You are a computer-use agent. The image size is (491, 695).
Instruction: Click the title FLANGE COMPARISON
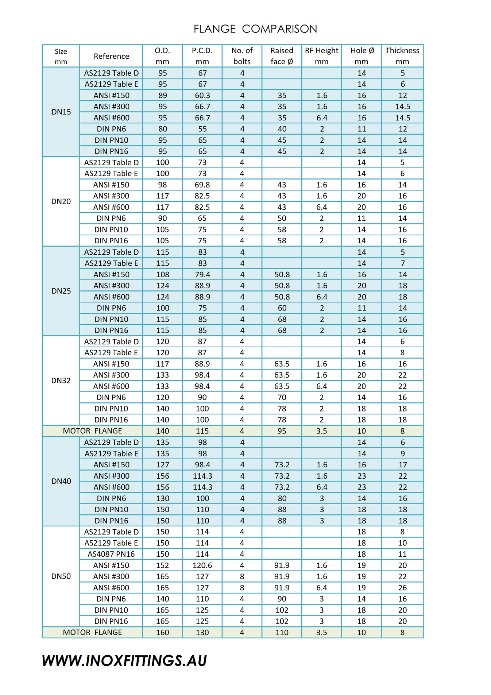[255, 29]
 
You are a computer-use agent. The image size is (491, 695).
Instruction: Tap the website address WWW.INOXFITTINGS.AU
[124, 661]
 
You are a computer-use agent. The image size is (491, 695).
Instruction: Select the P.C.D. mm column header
[202, 56]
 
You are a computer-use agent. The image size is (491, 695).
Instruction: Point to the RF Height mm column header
[321, 56]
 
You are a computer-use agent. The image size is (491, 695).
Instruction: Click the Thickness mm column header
[402, 56]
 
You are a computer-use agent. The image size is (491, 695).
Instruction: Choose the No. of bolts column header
[242, 56]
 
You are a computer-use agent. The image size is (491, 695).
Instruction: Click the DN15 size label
[61, 112]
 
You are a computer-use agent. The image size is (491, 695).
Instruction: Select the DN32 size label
[61, 381]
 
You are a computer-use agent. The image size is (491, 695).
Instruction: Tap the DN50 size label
[61, 576]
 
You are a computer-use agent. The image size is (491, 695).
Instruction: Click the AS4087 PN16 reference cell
[111, 554]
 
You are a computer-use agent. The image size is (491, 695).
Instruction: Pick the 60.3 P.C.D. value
[202, 96]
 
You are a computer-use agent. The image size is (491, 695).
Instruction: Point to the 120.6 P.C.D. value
[202, 565]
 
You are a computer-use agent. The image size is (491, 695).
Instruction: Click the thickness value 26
[402, 588]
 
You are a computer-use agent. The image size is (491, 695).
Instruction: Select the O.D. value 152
[163, 565]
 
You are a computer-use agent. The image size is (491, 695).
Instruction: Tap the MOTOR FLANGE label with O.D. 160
[92, 633]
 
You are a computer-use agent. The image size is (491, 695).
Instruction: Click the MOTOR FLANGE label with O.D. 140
[92, 431]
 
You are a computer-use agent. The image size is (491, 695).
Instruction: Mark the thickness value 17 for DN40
[402, 465]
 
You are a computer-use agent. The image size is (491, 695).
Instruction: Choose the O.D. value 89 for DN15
[163, 96]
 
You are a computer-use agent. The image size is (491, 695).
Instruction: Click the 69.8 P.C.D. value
[202, 185]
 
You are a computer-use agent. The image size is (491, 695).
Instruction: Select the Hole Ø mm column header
[362, 56]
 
